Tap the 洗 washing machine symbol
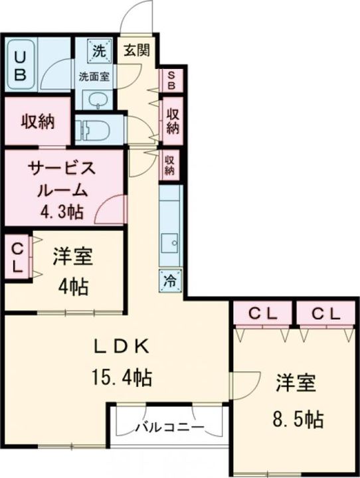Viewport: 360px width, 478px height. point(98,49)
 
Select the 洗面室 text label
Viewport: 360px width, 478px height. point(96,76)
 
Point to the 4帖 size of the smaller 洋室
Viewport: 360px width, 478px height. point(74,287)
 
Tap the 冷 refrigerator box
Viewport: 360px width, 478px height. point(170,279)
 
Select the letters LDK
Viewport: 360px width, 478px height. point(119,345)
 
